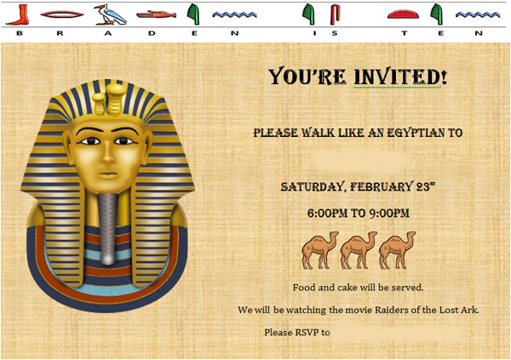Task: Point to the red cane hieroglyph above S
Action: click(x=335, y=13)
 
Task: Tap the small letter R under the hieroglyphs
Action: click(x=60, y=32)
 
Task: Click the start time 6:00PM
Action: click(x=328, y=213)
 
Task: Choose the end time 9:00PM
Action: click(x=389, y=213)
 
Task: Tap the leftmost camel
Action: click(x=319, y=249)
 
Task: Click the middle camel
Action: click(x=358, y=249)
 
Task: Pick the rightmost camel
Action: click(x=396, y=249)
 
